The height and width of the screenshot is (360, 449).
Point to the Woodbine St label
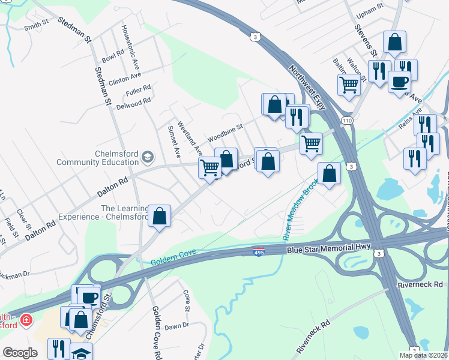coord(225,131)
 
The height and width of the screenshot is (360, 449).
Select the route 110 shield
coord(347,121)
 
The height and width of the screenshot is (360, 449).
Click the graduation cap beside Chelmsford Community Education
coord(147,158)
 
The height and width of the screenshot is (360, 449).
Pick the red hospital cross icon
coord(26,320)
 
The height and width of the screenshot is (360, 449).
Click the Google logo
coord(20,353)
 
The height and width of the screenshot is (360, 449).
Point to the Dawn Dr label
coord(176,326)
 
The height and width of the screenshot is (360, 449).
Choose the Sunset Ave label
coord(173,142)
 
